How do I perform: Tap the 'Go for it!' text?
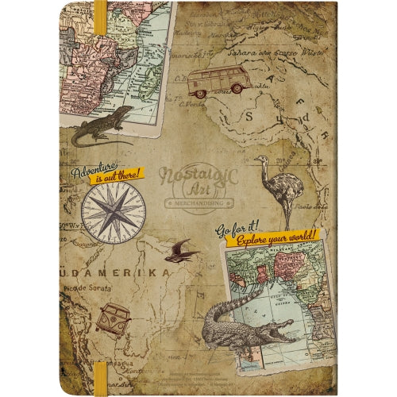pos(239,229)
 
